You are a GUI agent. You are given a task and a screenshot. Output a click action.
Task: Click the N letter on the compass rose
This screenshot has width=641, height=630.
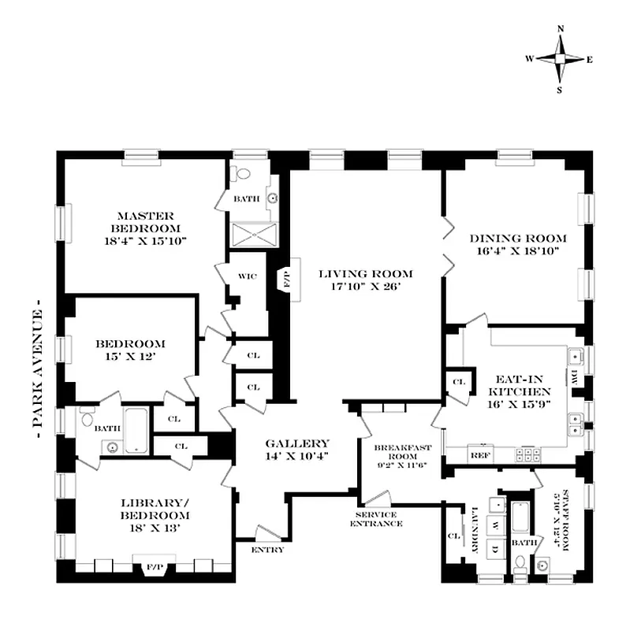(x=561, y=29)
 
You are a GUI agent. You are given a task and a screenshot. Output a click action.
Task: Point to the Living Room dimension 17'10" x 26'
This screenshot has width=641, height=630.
(x=366, y=287)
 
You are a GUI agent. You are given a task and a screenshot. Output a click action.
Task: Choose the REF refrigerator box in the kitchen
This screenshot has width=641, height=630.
(x=478, y=454)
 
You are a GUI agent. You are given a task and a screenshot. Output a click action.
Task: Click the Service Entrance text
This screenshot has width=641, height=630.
(x=376, y=518)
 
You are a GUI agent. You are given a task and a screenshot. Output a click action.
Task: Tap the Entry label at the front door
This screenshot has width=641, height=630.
(x=267, y=550)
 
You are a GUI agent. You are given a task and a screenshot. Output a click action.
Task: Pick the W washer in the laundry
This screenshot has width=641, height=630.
(x=496, y=524)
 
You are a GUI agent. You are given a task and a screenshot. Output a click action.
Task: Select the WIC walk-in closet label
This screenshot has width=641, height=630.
(x=247, y=276)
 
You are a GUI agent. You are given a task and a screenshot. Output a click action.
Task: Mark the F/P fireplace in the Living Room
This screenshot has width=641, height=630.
(x=285, y=279)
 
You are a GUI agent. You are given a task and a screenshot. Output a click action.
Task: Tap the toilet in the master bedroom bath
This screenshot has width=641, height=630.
(x=242, y=175)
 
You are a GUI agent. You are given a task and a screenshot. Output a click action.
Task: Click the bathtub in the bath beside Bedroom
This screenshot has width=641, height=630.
(x=136, y=430)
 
